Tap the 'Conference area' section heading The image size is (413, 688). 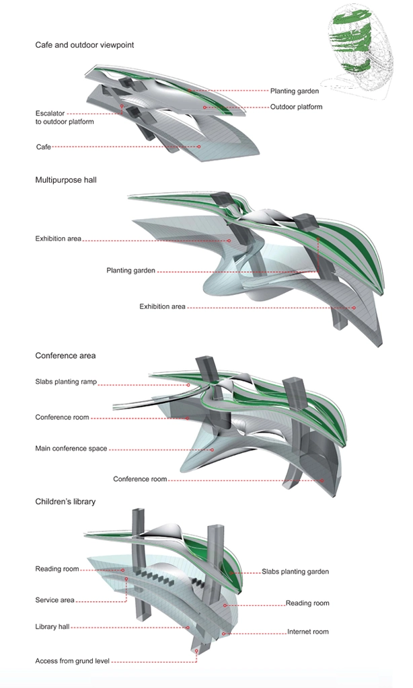(x=65, y=355)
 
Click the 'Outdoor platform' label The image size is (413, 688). (x=296, y=107)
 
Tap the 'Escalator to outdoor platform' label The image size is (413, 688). (x=65, y=117)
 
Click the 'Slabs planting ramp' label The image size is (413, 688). (x=66, y=382)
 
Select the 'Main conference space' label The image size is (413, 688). (x=71, y=448)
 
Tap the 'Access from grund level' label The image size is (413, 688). (x=72, y=661)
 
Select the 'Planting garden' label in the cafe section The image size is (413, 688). (x=295, y=91)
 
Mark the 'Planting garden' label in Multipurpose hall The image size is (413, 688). (x=130, y=271)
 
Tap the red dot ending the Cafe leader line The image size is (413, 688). (x=200, y=146)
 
